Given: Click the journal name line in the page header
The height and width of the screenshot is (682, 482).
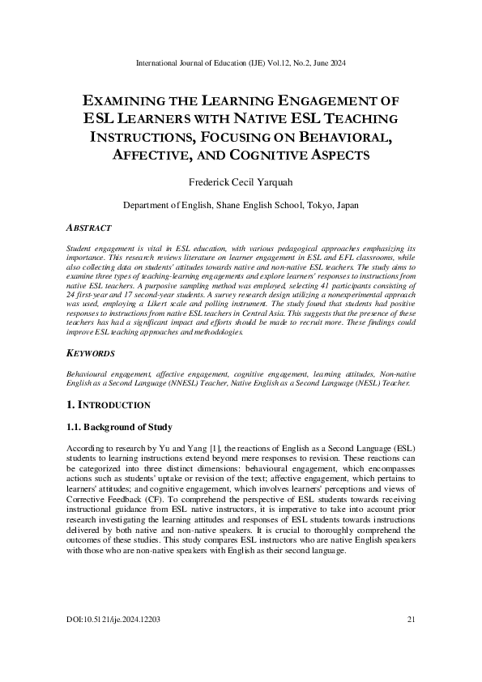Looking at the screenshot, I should click(x=241, y=61).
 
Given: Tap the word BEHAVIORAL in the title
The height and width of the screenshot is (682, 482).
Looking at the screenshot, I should click(x=344, y=137).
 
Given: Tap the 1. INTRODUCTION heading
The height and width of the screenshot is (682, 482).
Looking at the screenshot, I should click(x=109, y=404).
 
